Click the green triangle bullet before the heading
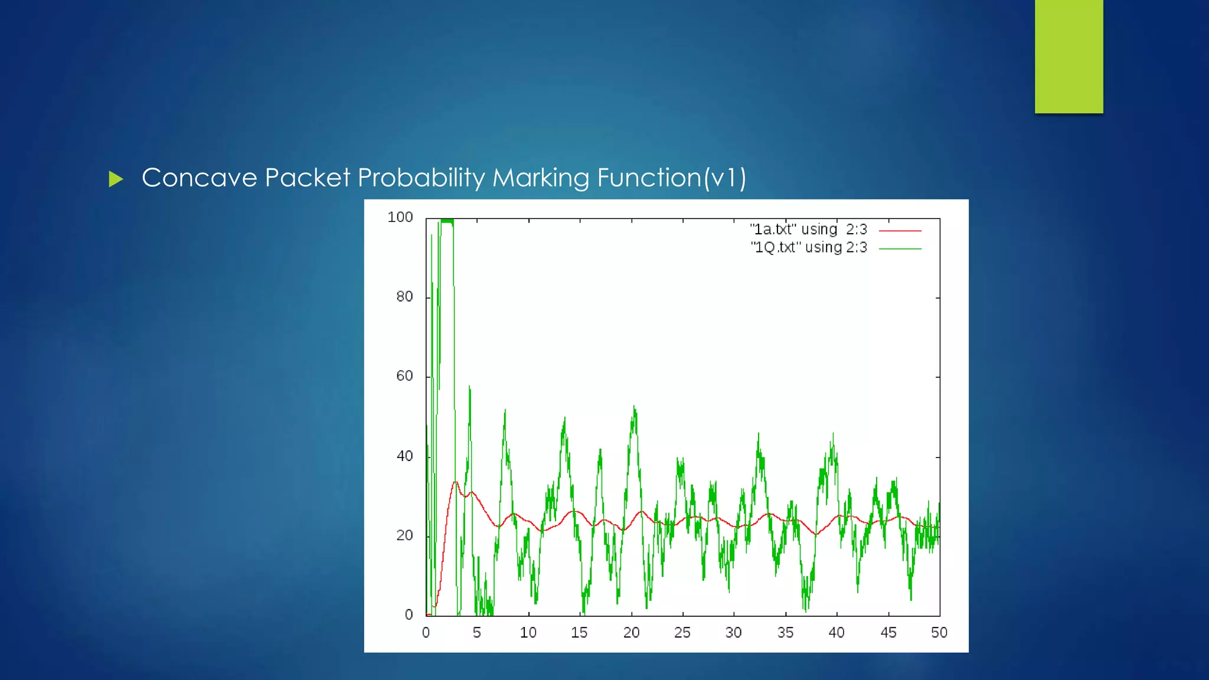[x=116, y=179]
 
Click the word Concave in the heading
[x=199, y=178]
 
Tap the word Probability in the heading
[x=420, y=178]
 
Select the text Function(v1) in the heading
[x=671, y=178]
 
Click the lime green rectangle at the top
[x=1069, y=56]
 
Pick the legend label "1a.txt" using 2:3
[x=808, y=229]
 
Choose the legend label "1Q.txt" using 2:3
[x=808, y=247]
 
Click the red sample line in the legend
[x=900, y=231]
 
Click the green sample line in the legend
[x=900, y=249]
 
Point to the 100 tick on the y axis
[x=400, y=217]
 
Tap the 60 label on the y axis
[x=404, y=376]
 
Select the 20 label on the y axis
[x=404, y=535]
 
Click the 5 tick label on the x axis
[x=476, y=633]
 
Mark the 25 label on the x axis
[x=682, y=633]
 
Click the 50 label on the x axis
[x=939, y=633]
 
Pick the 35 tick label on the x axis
[x=785, y=633]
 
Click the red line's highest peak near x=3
[x=455, y=482]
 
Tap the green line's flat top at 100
[x=447, y=221]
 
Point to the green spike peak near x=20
[x=634, y=407]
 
